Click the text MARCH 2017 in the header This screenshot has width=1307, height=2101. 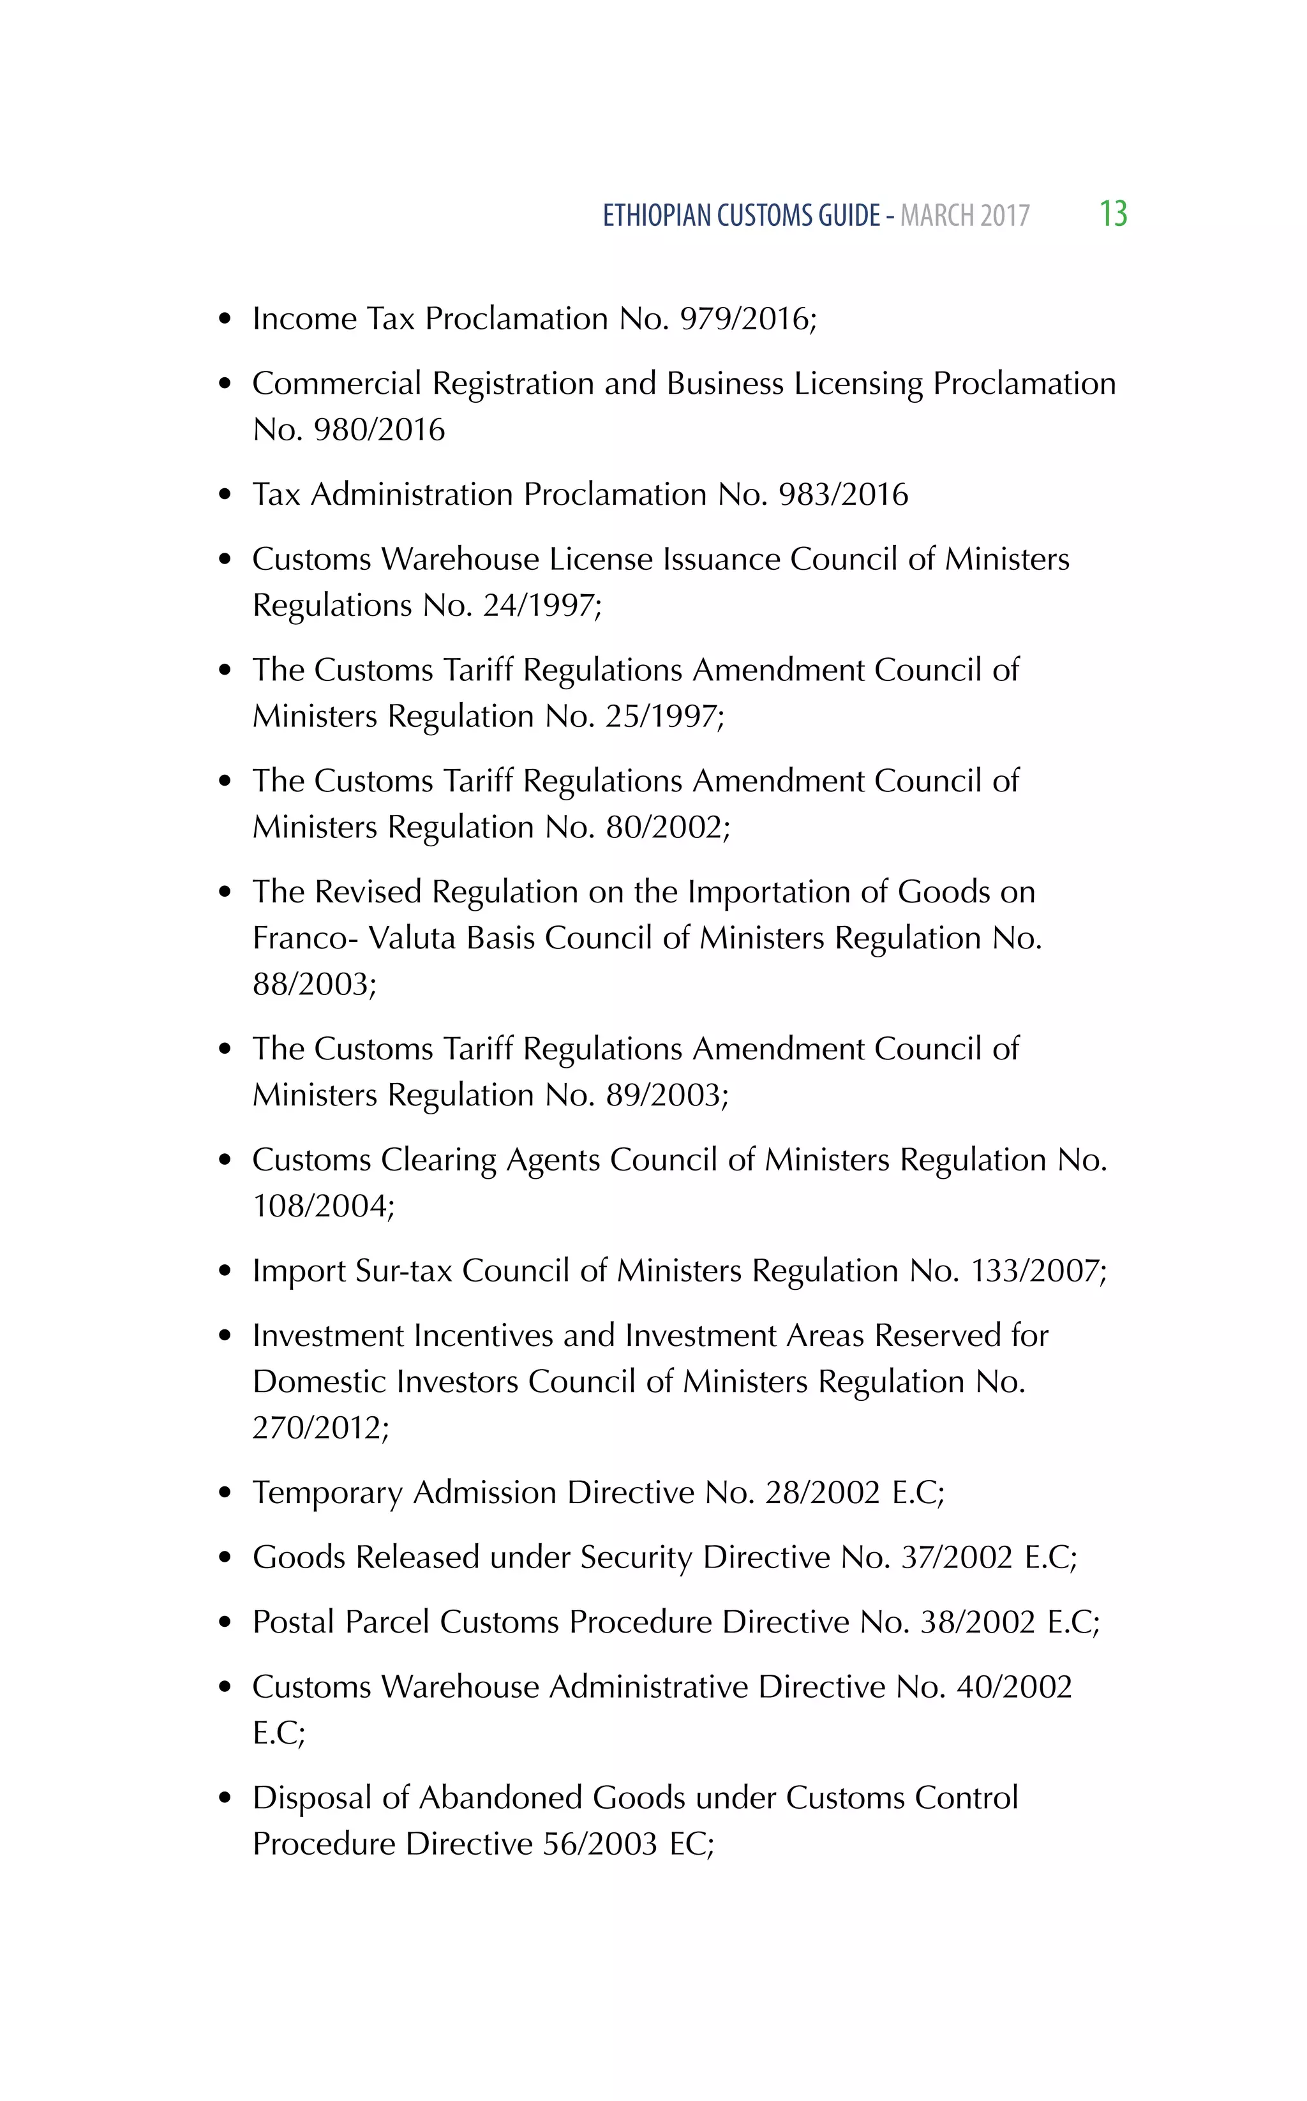(x=965, y=215)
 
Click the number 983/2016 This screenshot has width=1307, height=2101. (x=843, y=495)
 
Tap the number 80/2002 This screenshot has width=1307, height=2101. (x=668, y=827)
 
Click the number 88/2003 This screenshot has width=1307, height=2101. (x=314, y=984)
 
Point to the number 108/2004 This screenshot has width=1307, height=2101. (x=322, y=1206)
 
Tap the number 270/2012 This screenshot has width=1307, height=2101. (x=320, y=1428)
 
